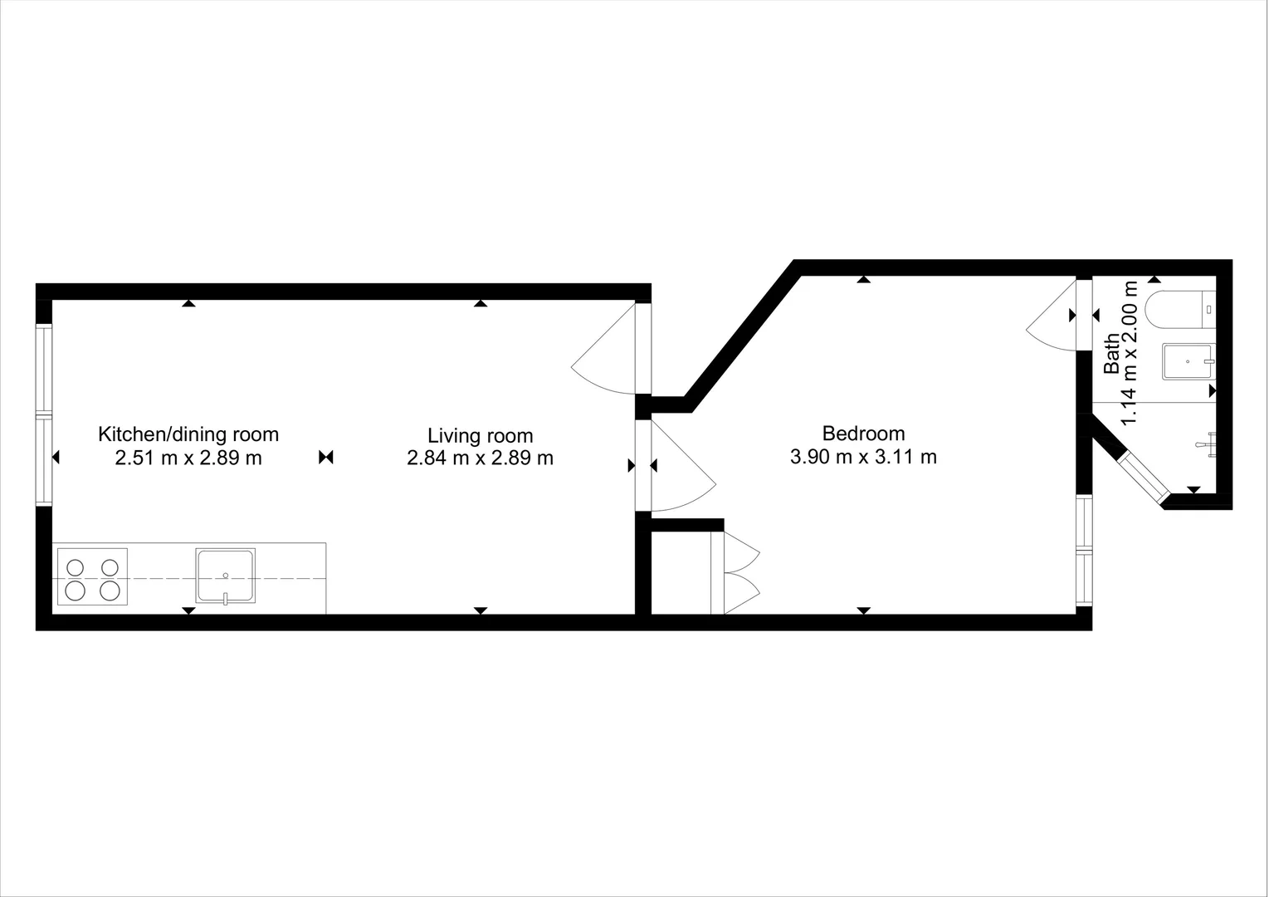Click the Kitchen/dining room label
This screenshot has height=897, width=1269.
(x=188, y=434)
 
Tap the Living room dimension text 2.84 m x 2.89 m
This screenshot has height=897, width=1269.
(x=480, y=458)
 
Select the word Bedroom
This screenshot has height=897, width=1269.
(x=863, y=433)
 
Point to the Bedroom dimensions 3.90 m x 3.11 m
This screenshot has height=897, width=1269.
(x=863, y=456)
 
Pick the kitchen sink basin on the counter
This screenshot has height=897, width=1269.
(x=225, y=575)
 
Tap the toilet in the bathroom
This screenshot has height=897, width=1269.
(x=1179, y=310)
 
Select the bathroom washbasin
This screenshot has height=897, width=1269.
(x=1188, y=362)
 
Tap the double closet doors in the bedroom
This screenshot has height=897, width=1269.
(x=741, y=573)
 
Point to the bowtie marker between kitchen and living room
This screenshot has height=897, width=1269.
(x=326, y=457)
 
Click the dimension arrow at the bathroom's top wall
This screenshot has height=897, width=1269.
(x=1154, y=279)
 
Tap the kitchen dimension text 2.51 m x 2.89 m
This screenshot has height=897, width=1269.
(x=188, y=458)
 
